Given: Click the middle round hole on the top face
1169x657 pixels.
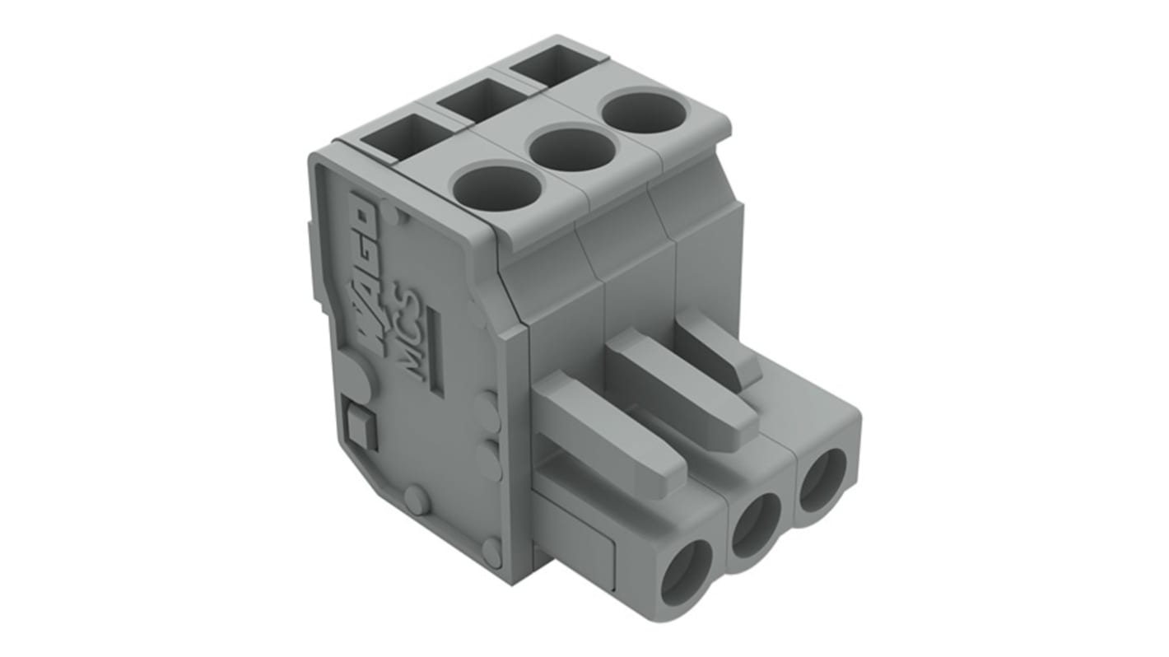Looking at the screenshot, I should coord(571,149).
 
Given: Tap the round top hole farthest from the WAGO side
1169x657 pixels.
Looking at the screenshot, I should coord(643,113).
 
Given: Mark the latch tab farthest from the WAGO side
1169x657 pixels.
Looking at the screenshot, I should coord(720,346).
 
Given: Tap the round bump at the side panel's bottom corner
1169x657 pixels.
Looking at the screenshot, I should coord(491,552).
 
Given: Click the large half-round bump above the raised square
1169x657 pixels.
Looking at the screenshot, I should coord(359,375).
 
